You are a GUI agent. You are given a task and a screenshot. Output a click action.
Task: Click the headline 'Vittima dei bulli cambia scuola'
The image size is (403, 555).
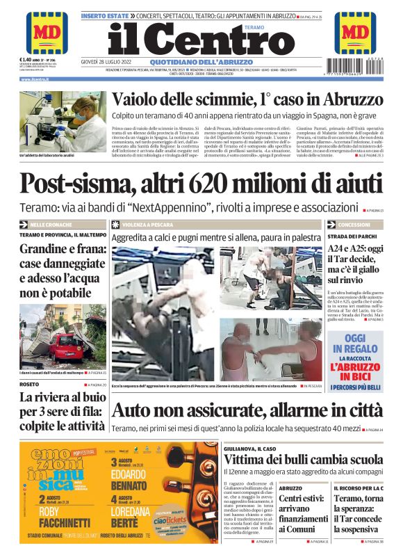[302, 460]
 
